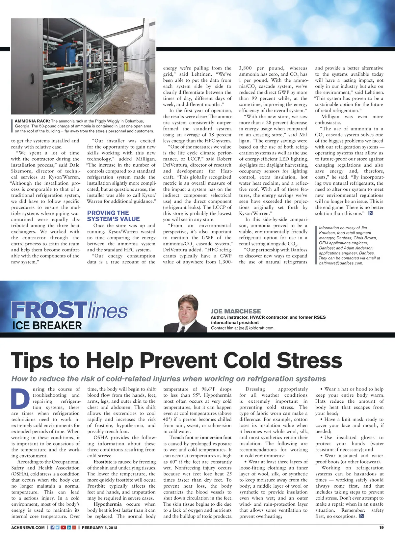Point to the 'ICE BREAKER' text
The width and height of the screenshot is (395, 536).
click(x=47, y=326)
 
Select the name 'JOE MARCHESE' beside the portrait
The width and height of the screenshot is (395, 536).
click(x=236, y=311)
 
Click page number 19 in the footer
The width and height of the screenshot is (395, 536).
click(x=381, y=527)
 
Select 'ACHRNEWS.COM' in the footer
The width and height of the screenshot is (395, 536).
click(x=28, y=527)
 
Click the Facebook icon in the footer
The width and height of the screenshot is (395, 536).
click(x=52, y=527)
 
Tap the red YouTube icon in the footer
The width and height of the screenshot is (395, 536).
click(x=63, y=527)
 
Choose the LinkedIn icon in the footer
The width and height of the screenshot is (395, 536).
click(x=69, y=527)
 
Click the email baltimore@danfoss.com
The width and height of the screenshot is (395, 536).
click(x=341, y=263)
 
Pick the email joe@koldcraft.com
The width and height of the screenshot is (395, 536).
click(x=257, y=328)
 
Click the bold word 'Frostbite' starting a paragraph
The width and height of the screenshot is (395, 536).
click(x=103, y=462)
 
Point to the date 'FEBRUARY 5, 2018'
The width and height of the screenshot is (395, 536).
click(x=99, y=527)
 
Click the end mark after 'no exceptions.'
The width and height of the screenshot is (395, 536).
click(x=361, y=516)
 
